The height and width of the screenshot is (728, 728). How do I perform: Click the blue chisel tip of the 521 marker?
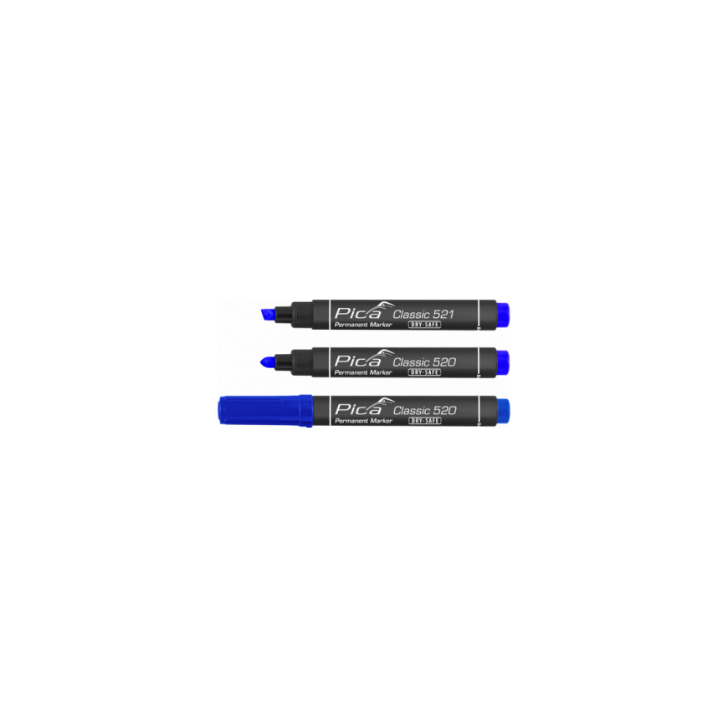268,315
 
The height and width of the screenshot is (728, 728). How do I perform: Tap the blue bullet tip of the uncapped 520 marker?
269,362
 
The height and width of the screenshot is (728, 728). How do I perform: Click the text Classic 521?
423,315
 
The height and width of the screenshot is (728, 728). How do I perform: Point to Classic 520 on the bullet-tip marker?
424,362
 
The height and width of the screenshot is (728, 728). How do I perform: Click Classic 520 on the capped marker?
424,410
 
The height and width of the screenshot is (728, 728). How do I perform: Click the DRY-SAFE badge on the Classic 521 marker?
424,325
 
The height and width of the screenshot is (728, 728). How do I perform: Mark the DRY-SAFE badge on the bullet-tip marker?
424,372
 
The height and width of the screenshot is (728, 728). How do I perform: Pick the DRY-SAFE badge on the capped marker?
424,421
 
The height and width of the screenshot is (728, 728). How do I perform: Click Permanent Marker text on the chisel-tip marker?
363,325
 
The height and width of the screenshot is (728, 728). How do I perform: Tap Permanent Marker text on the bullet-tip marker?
363,372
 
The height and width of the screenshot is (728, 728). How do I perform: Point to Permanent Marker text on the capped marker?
363,421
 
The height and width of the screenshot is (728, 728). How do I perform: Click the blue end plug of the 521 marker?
503,315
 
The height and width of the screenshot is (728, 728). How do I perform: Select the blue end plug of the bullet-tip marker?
503,362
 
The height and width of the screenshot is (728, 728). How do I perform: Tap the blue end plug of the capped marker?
503,410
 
